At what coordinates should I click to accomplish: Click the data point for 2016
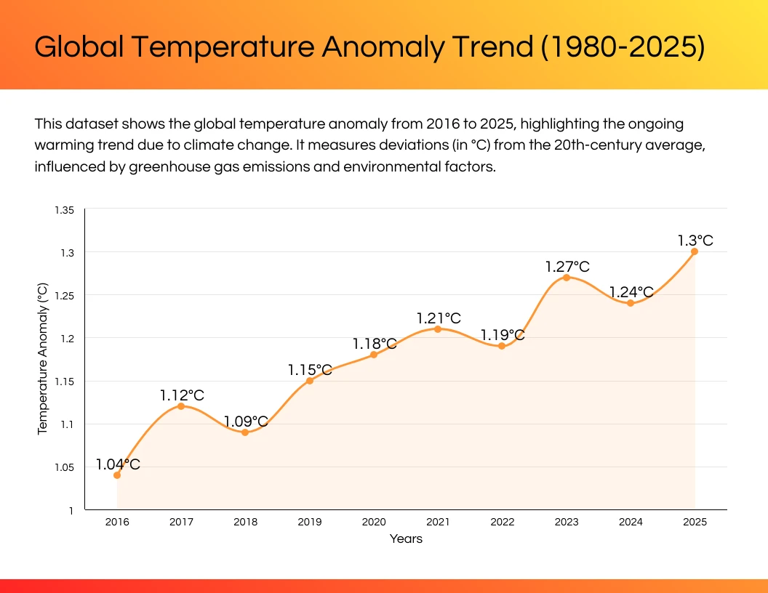click(117, 475)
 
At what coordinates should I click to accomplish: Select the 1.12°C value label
click(183, 395)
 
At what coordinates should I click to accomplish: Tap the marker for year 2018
click(245, 432)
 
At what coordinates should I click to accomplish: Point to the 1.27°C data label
click(567, 267)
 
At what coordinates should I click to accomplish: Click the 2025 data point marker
click(695, 251)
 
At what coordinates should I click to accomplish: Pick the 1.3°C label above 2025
click(695, 241)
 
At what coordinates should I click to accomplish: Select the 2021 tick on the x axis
click(438, 522)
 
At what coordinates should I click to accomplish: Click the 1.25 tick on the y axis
click(63, 295)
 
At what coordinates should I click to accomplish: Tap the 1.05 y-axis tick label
click(63, 467)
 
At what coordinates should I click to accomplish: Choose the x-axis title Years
click(406, 538)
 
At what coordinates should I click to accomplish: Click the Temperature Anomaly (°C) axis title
click(42, 360)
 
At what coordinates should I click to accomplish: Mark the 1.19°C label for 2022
click(503, 335)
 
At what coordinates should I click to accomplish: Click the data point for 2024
click(631, 303)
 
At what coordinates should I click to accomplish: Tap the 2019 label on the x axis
click(309, 522)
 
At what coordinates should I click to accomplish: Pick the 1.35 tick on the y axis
click(63, 209)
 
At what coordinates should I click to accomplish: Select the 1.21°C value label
click(439, 318)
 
